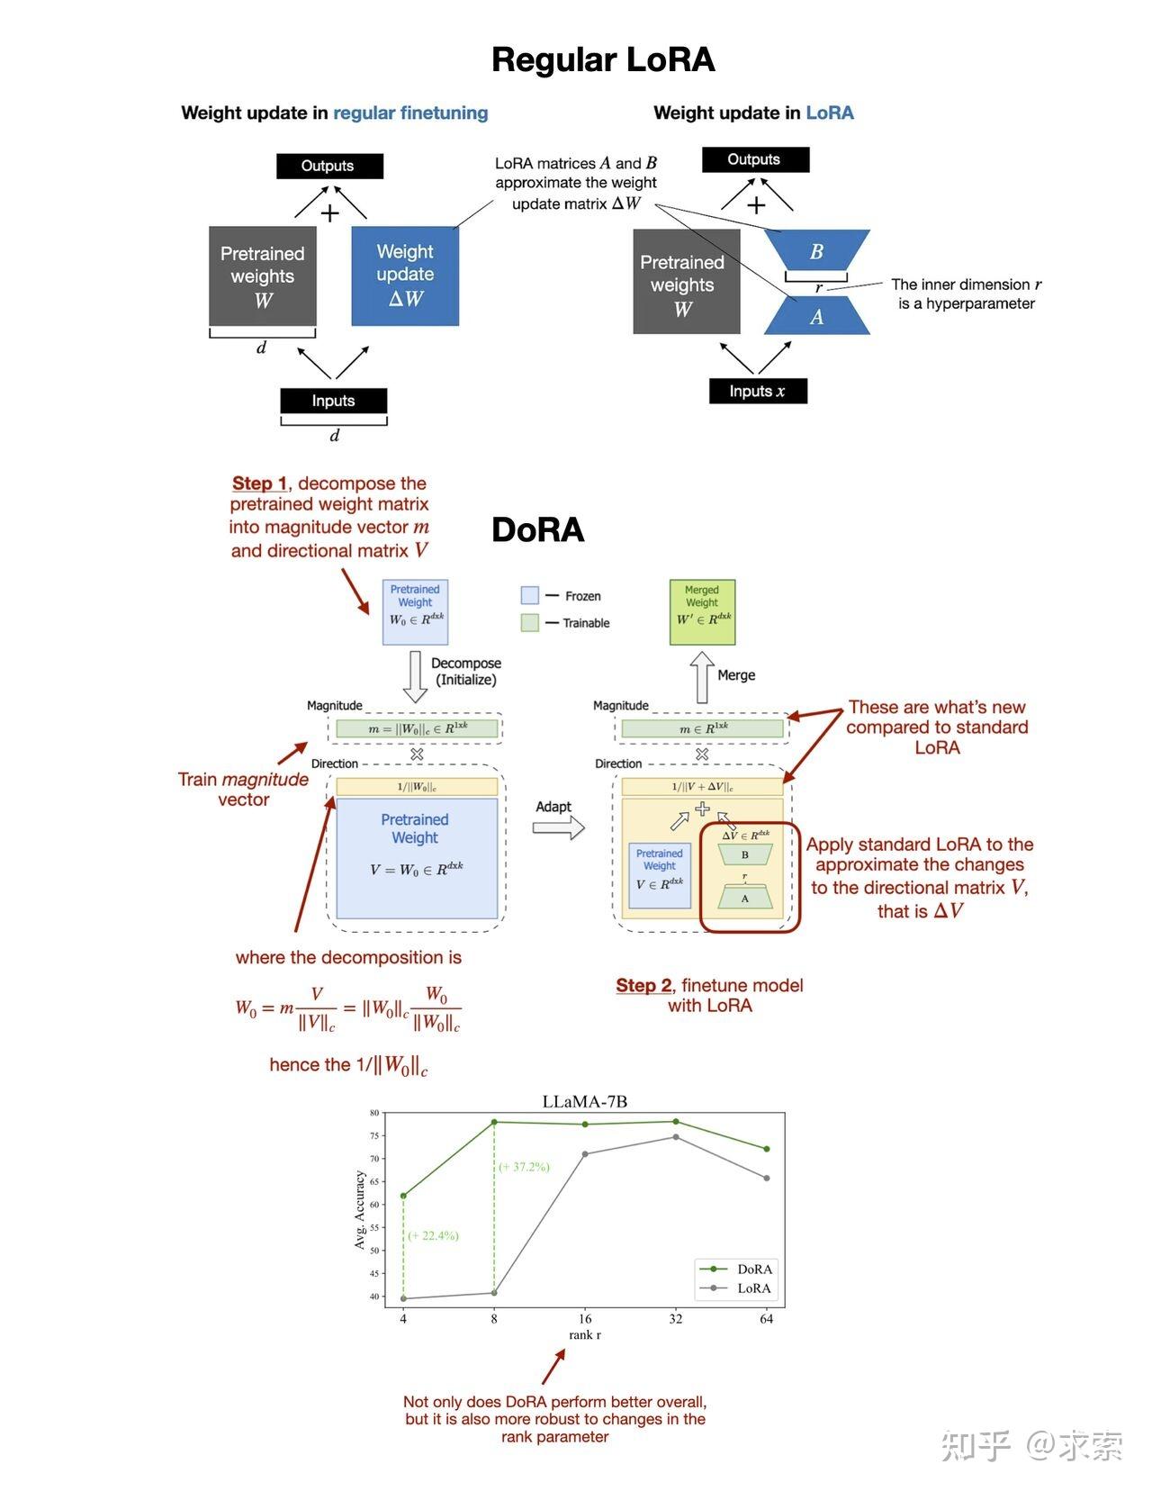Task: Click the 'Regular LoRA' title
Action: coord(602,60)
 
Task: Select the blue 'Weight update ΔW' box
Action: coord(405,276)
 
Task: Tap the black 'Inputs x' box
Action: coord(757,391)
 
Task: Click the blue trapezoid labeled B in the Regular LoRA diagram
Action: coord(816,251)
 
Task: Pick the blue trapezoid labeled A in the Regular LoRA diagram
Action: coord(816,316)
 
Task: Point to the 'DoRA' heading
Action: coord(537,530)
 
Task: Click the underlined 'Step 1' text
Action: coord(259,483)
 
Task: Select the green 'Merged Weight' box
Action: coord(702,612)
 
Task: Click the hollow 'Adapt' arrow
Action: coord(558,828)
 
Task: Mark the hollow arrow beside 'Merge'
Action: coord(702,677)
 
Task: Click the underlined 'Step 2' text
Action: coord(643,985)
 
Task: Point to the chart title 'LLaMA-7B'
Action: coord(584,1101)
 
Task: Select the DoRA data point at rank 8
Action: coord(494,1122)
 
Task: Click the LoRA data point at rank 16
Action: coord(585,1154)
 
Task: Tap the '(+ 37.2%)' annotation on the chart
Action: coord(524,1167)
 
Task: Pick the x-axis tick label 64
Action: coord(766,1319)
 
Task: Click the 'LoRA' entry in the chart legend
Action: coord(753,1288)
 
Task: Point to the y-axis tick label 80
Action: coord(374,1113)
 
